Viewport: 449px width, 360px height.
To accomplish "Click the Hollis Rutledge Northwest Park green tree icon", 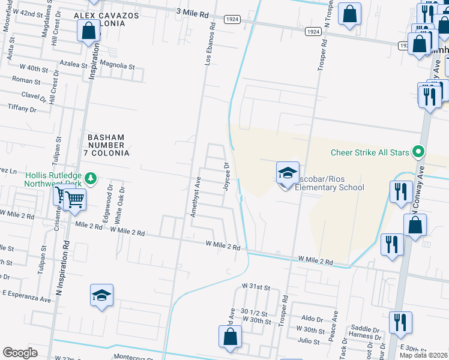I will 91,178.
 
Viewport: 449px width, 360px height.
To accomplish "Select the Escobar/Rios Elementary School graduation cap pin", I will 288,173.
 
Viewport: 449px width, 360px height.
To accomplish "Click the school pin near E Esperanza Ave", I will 102,295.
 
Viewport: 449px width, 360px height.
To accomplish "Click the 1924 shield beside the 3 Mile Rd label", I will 233,19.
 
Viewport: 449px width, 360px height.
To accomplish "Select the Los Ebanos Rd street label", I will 209,46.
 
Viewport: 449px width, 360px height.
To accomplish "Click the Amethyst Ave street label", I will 194,196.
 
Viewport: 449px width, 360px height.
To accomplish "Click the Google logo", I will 20,353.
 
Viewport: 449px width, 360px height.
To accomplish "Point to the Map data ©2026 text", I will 424,355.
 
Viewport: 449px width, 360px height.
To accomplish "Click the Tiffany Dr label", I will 22,109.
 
